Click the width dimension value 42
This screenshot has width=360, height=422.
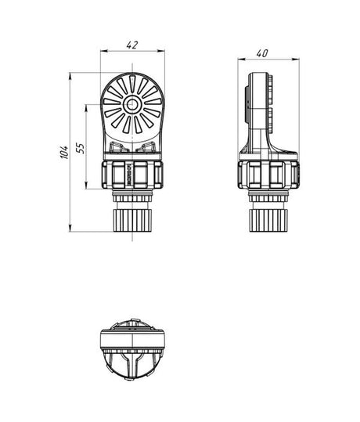click(x=132, y=45)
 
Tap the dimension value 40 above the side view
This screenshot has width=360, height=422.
click(x=263, y=52)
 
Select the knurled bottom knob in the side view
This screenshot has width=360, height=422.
click(x=268, y=215)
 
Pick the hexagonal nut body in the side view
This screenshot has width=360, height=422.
click(x=268, y=175)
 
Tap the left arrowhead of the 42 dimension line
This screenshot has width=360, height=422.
click(x=103, y=52)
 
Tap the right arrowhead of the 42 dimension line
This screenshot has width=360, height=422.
click(x=163, y=52)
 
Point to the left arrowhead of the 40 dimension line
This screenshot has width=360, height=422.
click(x=240, y=59)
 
